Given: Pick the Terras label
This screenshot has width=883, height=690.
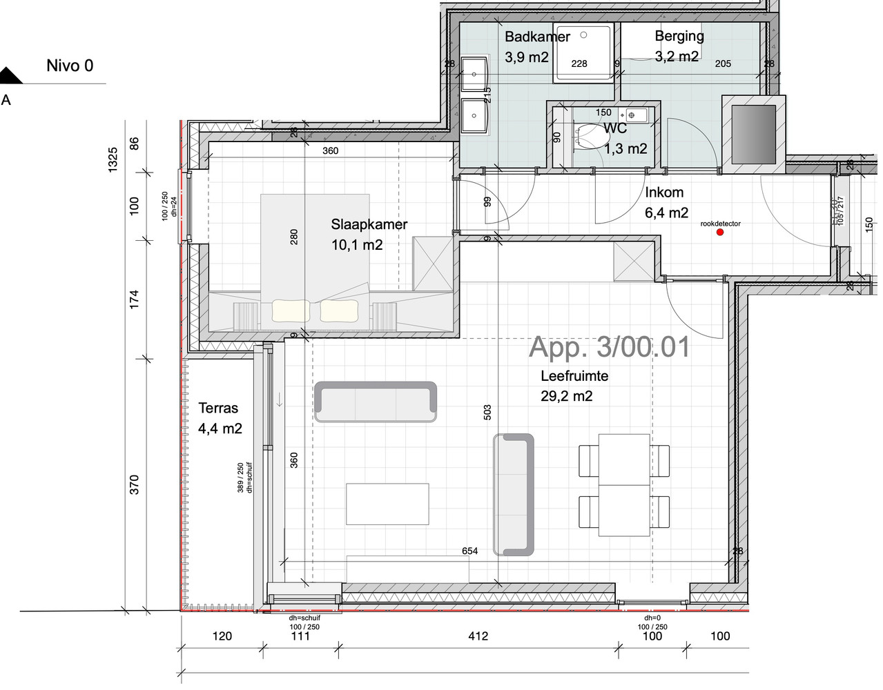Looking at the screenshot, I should (x=218, y=408).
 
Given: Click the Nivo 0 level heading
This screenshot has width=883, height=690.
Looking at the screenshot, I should (x=70, y=66).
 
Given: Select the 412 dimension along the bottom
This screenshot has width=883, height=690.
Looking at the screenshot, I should (x=478, y=635).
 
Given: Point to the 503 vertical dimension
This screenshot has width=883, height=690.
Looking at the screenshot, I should (x=487, y=413).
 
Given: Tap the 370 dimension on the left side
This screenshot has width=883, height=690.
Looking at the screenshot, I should (x=135, y=484).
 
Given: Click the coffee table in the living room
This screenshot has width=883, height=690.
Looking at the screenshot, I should (x=387, y=504).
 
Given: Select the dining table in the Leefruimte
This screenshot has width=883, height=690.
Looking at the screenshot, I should (x=624, y=484).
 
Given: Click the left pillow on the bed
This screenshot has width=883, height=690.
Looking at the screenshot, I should (x=291, y=310).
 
